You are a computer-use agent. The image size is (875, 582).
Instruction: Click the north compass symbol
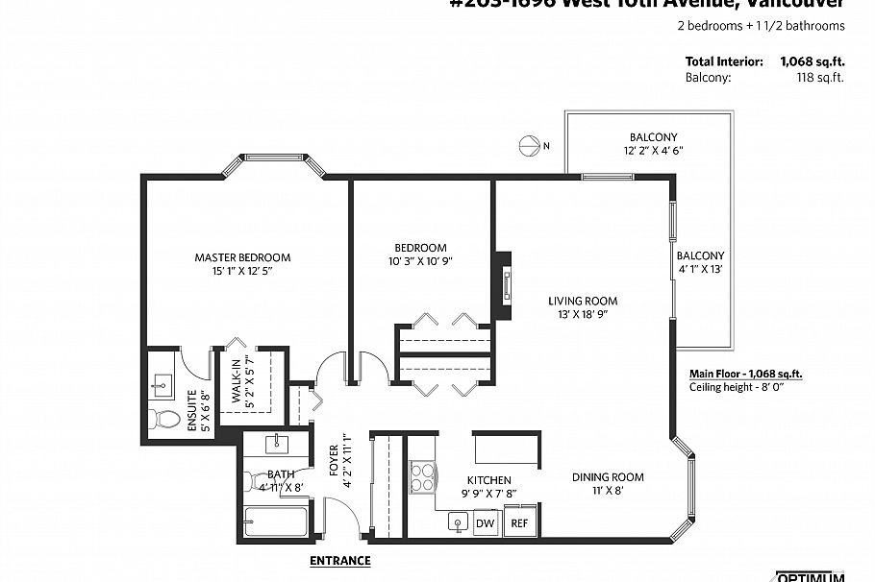click(x=528, y=146)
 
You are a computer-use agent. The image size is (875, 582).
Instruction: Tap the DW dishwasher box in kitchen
click(x=485, y=523)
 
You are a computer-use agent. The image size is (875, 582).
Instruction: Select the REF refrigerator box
click(x=518, y=523)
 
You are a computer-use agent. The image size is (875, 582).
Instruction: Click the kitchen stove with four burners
click(x=423, y=476)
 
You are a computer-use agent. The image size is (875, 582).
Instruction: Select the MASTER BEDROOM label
click(x=242, y=257)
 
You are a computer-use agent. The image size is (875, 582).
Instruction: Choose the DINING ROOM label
click(x=608, y=477)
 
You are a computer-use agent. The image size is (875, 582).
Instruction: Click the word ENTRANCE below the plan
click(x=339, y=560)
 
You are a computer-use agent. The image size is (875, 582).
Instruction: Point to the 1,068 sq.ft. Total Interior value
click(x=812, y=61)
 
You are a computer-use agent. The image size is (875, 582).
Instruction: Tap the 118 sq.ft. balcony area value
click(x=824, y=78)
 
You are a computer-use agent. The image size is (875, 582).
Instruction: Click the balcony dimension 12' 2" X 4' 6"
click(x=654, y=151)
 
